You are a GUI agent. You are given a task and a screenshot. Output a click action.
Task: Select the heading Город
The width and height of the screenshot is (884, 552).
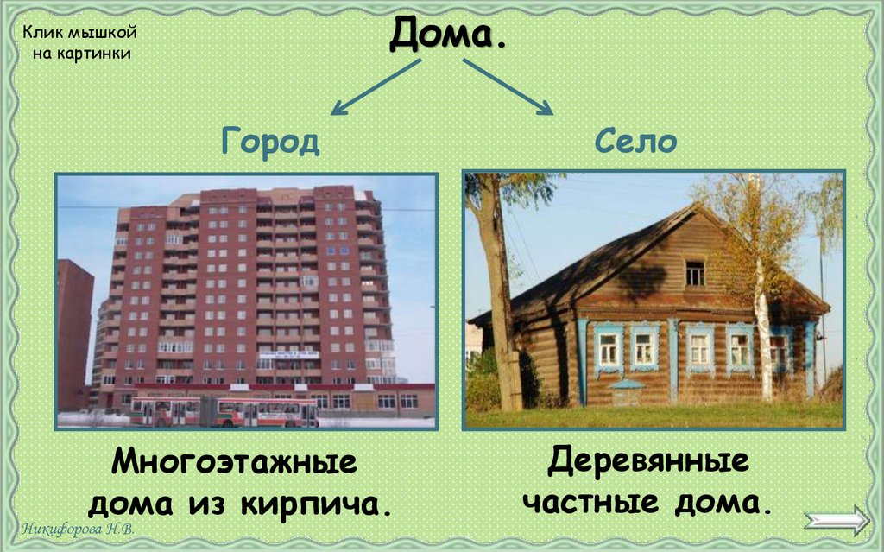pos(269,142)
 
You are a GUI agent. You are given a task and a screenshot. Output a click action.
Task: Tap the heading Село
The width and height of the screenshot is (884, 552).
pos(635,142)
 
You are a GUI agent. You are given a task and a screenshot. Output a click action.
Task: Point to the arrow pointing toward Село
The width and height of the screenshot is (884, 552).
pos(509,86)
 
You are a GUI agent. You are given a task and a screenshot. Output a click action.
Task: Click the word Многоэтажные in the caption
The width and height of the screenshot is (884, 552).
pos(234,463)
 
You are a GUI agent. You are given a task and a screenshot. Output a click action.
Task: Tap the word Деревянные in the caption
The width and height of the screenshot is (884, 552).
pos(647,461)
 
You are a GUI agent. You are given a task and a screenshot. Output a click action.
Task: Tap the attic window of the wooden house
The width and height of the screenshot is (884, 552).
pos(695,273)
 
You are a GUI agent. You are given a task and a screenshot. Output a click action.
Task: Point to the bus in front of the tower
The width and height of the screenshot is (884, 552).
pos(224,412)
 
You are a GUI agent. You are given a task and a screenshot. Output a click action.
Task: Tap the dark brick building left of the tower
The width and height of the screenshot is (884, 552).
pos(74,337)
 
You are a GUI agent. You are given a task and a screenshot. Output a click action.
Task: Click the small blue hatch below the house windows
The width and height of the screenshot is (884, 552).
pos(628,393)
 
